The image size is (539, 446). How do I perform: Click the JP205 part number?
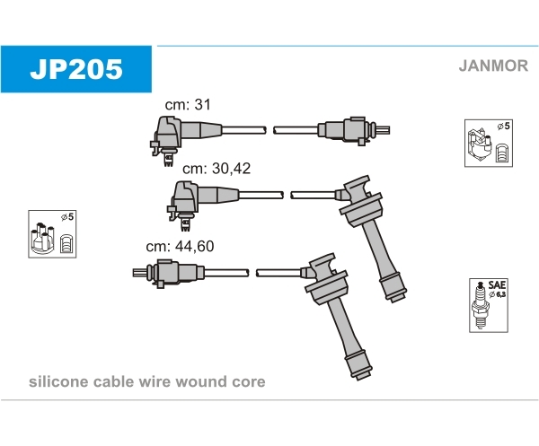(76, 69)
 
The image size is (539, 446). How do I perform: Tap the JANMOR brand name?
(493, 66)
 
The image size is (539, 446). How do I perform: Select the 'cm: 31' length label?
(188, 104)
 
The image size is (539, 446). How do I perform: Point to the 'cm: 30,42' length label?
(216, 168)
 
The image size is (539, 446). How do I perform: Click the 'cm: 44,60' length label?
(180, 246)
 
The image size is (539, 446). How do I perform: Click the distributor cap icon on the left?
(42, 239)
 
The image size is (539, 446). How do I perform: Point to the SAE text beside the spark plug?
(497, 284)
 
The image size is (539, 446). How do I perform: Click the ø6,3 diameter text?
(498, 294)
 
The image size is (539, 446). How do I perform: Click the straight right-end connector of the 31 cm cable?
(353, 130)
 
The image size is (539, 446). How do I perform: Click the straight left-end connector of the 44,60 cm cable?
(169, 273)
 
